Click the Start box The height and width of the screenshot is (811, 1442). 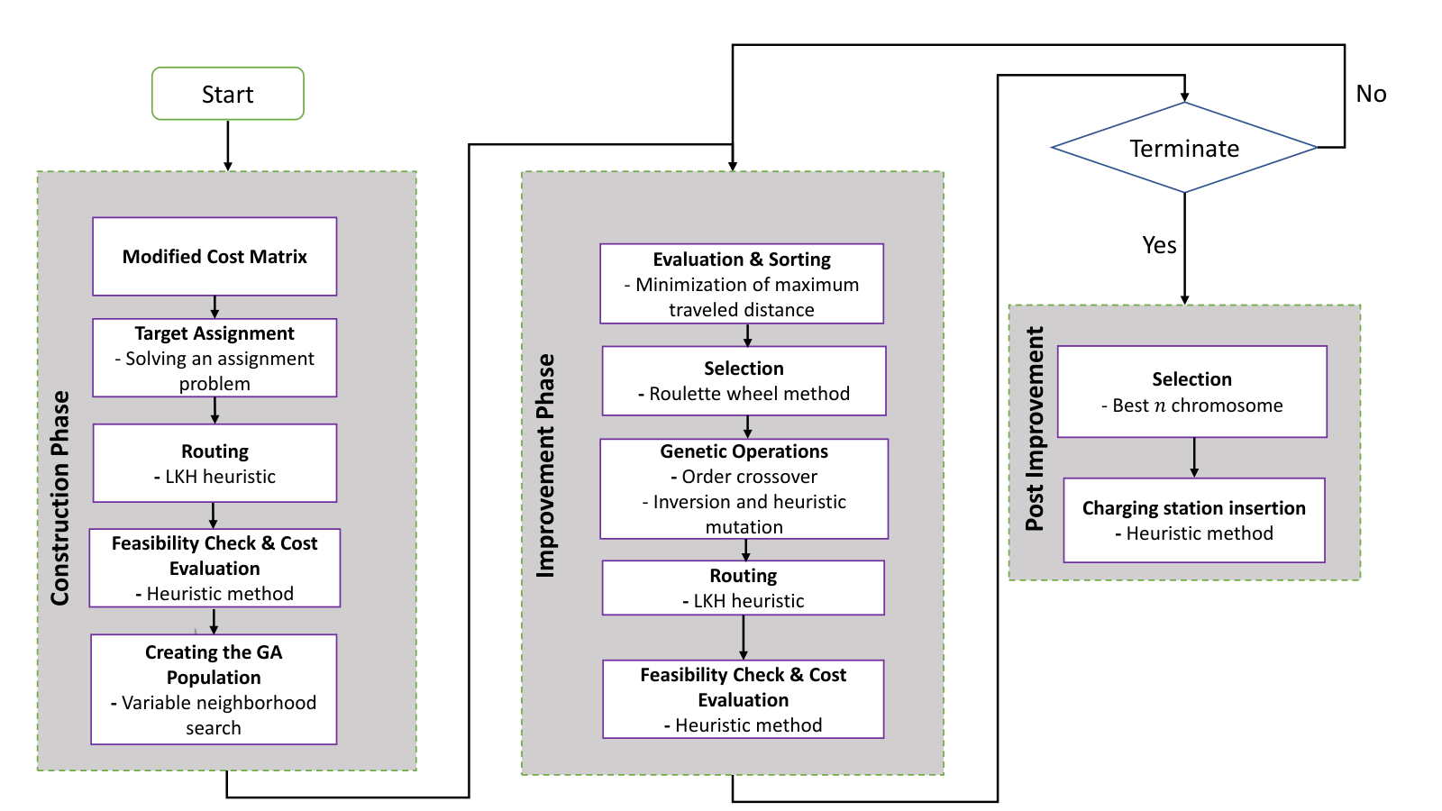tap(228, 94)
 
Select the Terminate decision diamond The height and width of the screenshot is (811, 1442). tap(1184, 148)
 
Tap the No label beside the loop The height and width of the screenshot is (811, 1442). tap(1371, 94)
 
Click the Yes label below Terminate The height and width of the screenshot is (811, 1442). tap(1159, 245)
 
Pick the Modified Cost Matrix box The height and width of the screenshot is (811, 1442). tap(214, 256)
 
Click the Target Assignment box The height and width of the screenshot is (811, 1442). tap(214, 358)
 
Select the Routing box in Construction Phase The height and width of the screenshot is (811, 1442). tap(214, 463)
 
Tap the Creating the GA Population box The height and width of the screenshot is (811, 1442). tap(214, 689)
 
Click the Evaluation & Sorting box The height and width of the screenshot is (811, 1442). tap(742, 283)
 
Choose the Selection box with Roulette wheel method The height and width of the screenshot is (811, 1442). tap(744, 380)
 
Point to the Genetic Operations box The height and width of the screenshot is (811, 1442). tap(744, 488)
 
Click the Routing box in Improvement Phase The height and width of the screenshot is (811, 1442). tap(743, 588)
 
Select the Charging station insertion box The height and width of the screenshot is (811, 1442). tap(1193, 520)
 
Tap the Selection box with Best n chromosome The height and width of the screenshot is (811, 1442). tap(1191, 391)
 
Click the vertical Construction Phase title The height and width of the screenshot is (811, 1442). tap(59, 497)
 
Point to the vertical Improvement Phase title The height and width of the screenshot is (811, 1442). tap(545, 465)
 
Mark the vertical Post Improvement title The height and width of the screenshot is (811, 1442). tap(1034, 429)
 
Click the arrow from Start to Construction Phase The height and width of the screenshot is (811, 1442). tap(228, 145)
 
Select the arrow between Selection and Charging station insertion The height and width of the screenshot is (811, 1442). tap(1194, 458)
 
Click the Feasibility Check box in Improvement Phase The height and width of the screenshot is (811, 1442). tap(743, 699)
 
